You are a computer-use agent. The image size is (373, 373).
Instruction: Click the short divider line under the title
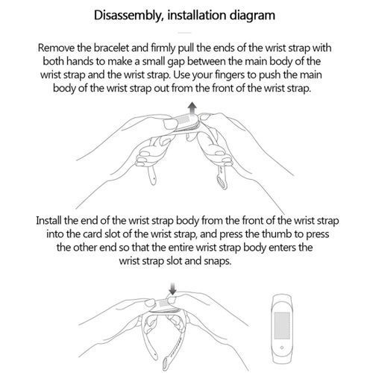[185, 33]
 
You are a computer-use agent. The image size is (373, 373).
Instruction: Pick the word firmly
[163, 48]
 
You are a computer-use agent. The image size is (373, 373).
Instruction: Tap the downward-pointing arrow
[172, 289]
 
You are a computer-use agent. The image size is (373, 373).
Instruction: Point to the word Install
[48, 221]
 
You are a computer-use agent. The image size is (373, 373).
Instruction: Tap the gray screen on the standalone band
[282, 325]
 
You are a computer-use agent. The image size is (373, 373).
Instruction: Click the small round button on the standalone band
[282, 348]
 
